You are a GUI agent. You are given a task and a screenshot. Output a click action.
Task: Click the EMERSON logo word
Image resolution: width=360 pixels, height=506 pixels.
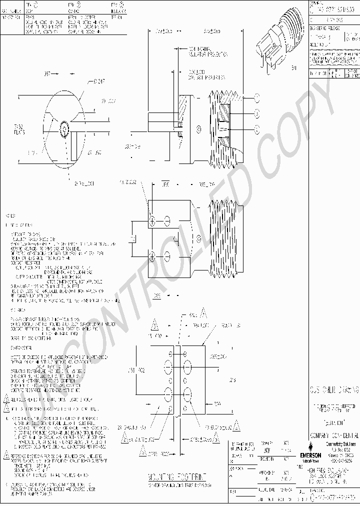(x=310, y=455)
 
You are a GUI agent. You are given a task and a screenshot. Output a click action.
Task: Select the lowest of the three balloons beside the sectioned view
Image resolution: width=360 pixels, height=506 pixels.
(x=257, y=129)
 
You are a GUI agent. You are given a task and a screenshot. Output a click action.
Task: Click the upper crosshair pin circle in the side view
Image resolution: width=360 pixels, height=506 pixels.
(x=153, y=220)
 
